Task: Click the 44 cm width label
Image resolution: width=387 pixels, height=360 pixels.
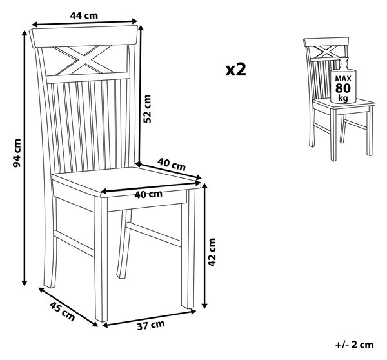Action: [x=84, y=15]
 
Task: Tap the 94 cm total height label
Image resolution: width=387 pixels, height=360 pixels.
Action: [x=17, y=153]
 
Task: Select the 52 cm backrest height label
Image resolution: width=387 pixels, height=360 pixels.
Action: [x=147, y=109]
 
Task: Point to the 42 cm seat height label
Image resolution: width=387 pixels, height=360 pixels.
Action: [x=212, y=252]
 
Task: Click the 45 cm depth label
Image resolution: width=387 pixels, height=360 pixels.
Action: [x=62, y=312]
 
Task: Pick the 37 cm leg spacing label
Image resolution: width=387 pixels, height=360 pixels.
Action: [x=151, y=325]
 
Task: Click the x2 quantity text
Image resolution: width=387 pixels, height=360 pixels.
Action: [x=235, y=70]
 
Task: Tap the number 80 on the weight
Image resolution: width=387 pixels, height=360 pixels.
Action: [x=343, y=88]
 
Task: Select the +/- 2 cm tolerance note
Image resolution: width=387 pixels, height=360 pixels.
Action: [x=355, y=345]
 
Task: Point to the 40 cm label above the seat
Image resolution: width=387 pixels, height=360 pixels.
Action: [x=172, y=165]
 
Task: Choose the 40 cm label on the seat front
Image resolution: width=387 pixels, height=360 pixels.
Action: [x=148, y=194]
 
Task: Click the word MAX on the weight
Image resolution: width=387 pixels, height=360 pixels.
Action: [x=343, y=79]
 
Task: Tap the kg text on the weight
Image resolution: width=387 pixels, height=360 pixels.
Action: [x=343, y=97]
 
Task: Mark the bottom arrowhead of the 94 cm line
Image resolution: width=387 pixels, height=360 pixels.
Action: [x=25, y=282]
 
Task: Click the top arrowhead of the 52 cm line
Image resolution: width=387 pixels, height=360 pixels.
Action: [x=141, y=28]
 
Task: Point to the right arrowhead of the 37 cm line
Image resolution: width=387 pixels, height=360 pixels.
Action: [x=193, y=312]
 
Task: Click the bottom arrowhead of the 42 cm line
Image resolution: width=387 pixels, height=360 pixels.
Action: [x=204, y=305]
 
